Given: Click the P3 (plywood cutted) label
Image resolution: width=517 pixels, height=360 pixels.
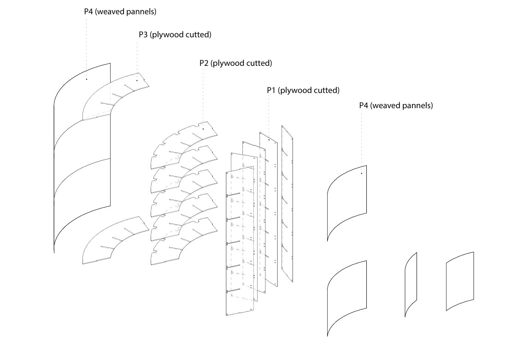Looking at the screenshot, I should pos(175,35).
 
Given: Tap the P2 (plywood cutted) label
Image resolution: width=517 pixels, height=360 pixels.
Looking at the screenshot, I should pos(235,63).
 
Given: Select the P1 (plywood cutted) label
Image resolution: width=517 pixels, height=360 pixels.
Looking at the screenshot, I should pos(303,90).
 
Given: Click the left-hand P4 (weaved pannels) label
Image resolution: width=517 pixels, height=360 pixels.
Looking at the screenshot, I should pos(120,12).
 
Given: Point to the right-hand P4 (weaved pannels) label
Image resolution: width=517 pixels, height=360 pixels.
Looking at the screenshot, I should pos(396,105).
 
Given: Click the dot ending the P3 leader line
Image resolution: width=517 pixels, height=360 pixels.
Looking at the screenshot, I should pos(137,80).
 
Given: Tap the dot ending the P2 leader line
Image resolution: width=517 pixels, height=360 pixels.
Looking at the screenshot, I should pos(203,129).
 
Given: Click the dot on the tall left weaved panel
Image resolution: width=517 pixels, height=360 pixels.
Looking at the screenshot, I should pos(86,79).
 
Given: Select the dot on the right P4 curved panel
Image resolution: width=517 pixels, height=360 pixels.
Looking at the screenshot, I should pos(362,174).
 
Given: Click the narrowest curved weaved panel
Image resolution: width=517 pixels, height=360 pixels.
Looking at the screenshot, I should pos(411,284).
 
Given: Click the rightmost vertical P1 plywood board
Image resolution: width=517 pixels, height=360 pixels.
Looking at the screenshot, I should pos(288,203).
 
